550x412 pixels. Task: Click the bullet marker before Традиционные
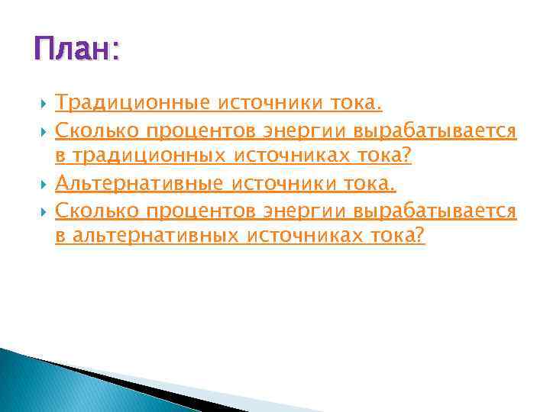pyautogui.click(x=44, y=104)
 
